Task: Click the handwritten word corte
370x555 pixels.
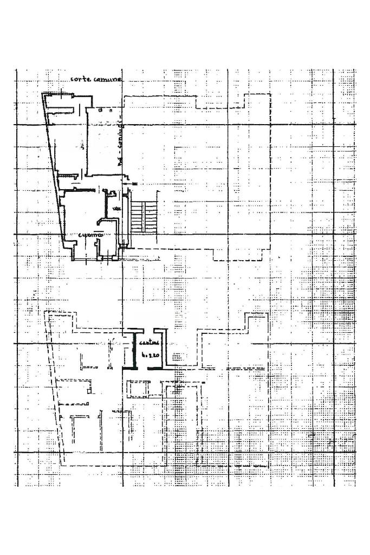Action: point(80,80)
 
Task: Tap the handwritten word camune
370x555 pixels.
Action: point(107,80)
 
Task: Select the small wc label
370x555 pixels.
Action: point(116,209)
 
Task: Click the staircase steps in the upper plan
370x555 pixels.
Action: point(144,216)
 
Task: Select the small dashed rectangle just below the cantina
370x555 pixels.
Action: point(138,389)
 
